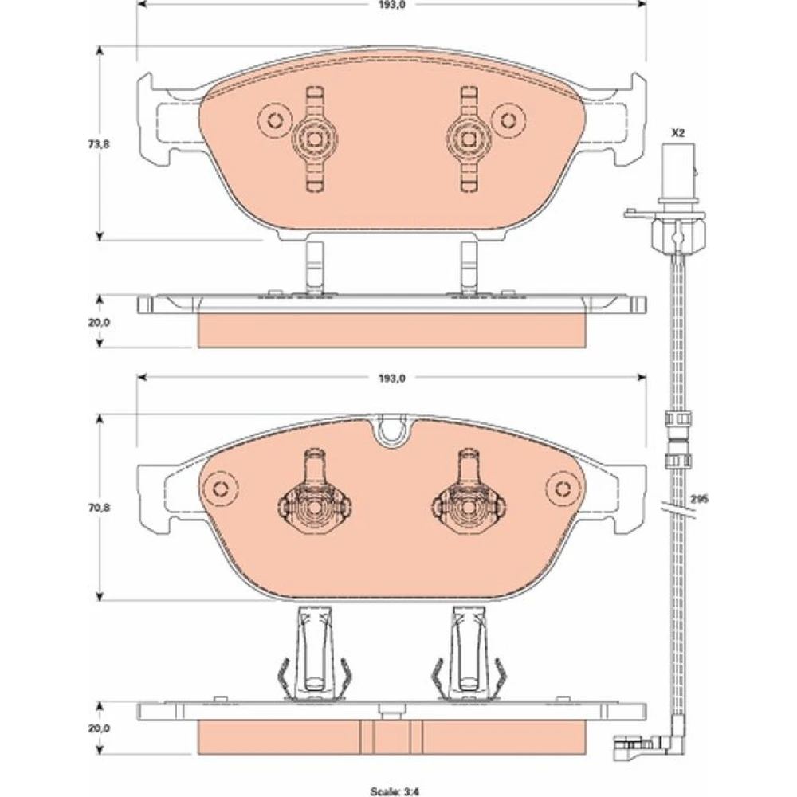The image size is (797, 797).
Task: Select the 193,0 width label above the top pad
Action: point(392,5)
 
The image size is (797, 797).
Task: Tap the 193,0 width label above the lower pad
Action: point(392,378)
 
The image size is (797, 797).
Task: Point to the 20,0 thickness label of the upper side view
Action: point(99,322)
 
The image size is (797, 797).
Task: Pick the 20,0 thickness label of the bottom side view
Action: point(99,728)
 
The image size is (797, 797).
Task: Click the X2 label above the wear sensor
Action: point(678,133)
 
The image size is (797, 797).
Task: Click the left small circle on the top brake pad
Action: point(276,120)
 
